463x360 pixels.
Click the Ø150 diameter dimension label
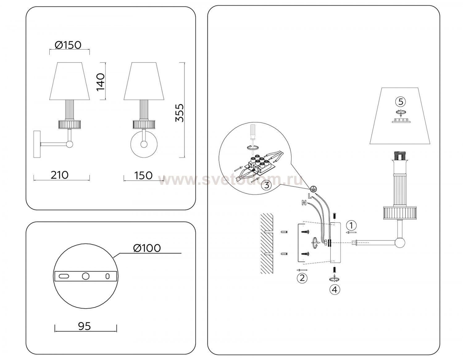[68, 45]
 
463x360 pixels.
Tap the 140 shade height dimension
[101, 82]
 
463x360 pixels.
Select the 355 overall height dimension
[179, 113]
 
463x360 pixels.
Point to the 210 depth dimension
[60, 175]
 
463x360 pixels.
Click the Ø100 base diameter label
[147, 248]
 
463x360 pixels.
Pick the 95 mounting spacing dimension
[85, 326]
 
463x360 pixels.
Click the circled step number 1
[351, 225]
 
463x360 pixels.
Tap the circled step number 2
[302, 278]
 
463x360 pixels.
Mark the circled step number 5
[401, 102]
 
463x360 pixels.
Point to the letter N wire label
[304, 203]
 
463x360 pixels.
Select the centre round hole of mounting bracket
[86, 276]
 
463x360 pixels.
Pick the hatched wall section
[266, 244]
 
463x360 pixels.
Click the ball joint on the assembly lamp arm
[400, 243]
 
